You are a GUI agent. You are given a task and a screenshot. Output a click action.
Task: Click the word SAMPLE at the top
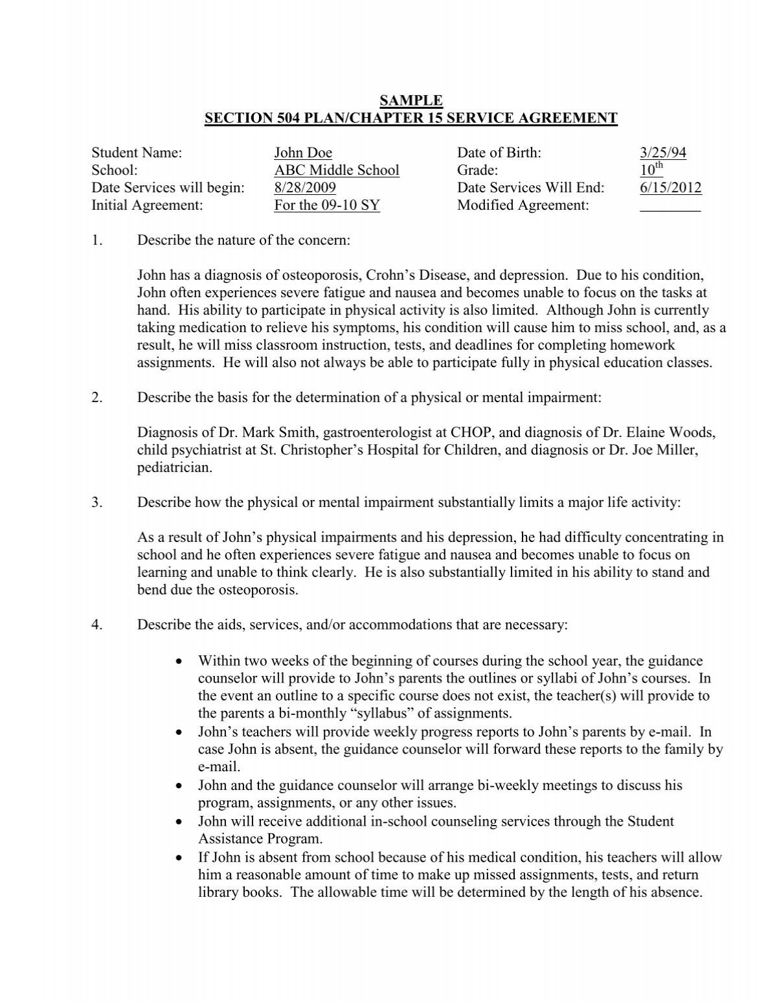[411, 100]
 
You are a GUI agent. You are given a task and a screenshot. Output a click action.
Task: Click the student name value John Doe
[303, 153]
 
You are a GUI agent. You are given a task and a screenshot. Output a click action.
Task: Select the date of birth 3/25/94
[662, 153]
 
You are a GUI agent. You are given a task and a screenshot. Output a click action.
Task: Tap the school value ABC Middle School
[337, 170]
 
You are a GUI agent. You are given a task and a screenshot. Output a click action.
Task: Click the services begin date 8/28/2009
[305, 188]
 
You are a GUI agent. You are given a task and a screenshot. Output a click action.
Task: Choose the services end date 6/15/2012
[670, 188]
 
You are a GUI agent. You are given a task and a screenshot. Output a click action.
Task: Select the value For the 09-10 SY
[327, 206]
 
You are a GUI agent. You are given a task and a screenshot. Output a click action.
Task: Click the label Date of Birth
[499, 153]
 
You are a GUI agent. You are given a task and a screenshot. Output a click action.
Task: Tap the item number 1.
[97, 241]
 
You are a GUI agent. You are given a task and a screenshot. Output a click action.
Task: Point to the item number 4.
[97, 625]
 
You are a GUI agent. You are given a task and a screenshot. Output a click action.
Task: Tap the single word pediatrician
[175, 468]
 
